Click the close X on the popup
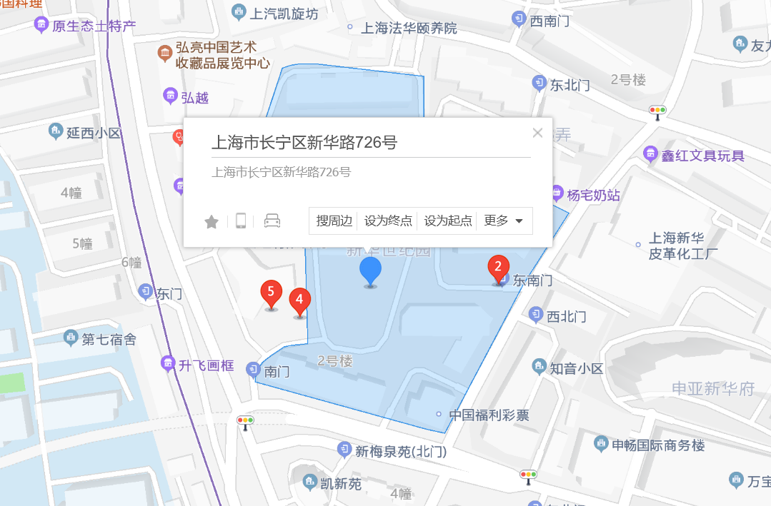pyautogui.click(x=538, y=133)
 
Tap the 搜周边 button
pyautogui.click(x=334, y=221)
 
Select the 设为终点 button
pyautogui.click(x=389, y=221)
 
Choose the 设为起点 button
pyautogui.click(x=449, y=221)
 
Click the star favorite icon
pyautogui.click(x=212, y=222)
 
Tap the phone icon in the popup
pyautogui.click(x=242, y=221)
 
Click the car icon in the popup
pyautogui.click(x=272, y=221)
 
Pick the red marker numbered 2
pyautogui.click(x=499, y=268)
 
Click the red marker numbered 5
pyautogui.click(x=271, y=293)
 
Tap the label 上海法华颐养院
pyautogui.click(x=409, y=29)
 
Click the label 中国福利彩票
pyautogui.click(x=489, y=415)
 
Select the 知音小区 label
pyautogui.click(x=576, y=369)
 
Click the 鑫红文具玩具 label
pyautogui.click(x=703, y=156)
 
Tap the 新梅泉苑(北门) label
pyautogui.click(x=400, y=452)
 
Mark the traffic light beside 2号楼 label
pyautogui.click(x=657, y=111)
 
